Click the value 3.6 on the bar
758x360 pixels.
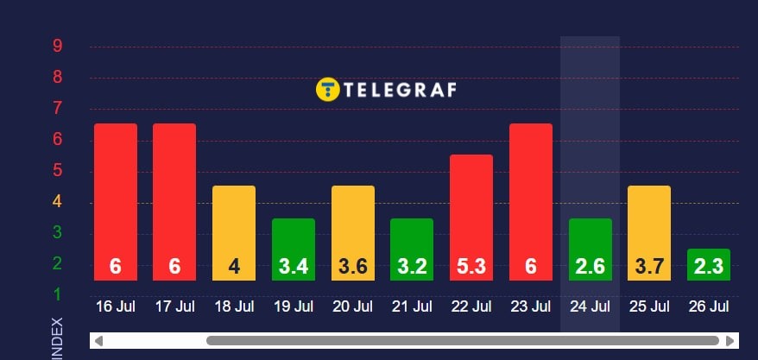point(352,268)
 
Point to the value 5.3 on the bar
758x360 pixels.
point(471,268)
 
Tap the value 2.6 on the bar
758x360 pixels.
point(590,268)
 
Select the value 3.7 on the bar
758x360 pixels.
point(649,268)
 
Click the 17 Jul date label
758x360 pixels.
point(174,306)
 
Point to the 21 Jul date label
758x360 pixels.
point(412,306)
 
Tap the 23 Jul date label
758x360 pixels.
point(530,306)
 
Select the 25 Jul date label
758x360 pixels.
point(649,306)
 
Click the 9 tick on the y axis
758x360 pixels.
point(57,46)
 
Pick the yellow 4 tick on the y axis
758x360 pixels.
point(57,202)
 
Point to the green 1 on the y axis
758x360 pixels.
point(57,295)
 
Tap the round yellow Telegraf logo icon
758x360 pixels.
point(327,89)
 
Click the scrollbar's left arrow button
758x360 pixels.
point(98,341)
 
